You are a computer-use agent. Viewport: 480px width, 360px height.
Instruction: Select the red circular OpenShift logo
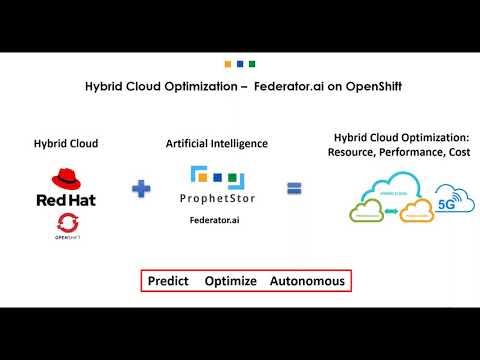point(65,223)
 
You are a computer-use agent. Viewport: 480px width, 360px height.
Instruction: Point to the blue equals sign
point(294,188)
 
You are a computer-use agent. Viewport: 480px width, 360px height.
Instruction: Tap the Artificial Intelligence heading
point(217,144)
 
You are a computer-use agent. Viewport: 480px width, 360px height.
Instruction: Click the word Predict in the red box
point(168,281)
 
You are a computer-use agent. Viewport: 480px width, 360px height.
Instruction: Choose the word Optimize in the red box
point(231,281)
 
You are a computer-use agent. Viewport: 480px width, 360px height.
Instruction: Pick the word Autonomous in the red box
point(307,281)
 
